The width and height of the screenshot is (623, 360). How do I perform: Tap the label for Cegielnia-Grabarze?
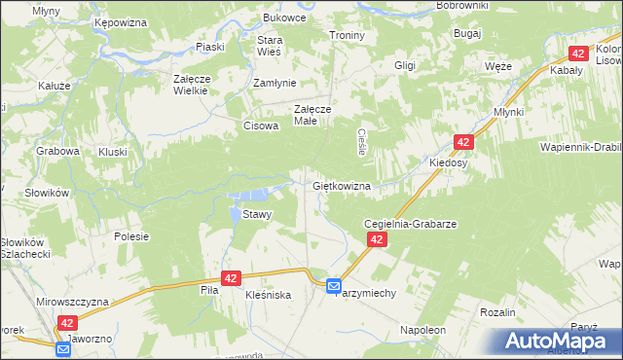click(x=410, y=223)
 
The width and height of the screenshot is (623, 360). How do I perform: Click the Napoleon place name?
click(x=422, y=331)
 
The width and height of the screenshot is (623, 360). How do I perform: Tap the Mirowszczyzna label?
click(x=72, y=303)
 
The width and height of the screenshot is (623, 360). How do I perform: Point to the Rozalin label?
click(x=496, y=311)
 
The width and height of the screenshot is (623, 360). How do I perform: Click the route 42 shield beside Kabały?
click(x=578, y=54)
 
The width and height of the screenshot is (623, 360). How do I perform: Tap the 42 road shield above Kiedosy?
click(x=462, y=142)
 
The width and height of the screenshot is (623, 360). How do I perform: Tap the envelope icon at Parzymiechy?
click(x=334, y=286)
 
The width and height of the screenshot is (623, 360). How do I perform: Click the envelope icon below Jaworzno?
click(x=63, y=348)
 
